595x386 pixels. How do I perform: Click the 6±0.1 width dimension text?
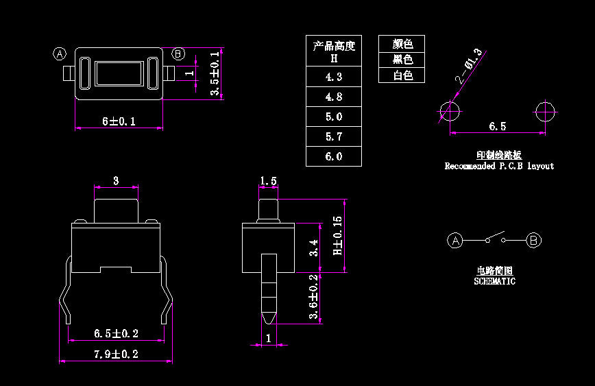[119, 121]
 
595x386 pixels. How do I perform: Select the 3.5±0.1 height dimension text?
[215, 73]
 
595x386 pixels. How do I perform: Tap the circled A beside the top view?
[60, 54]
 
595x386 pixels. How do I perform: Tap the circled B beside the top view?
[178, 54]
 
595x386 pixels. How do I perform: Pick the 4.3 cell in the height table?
[334, 77]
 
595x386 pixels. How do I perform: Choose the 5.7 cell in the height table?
[334, 136]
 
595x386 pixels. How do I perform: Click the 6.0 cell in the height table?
[334, 156]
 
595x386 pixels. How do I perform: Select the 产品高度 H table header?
[334, 51]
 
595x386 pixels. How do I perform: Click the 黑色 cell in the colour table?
[402, 60]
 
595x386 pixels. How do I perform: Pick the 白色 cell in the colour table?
[402, 75]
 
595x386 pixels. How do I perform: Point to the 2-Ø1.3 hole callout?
[469, 68]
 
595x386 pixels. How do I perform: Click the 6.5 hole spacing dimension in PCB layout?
[498, 126]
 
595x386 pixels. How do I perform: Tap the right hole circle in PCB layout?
[546, 111]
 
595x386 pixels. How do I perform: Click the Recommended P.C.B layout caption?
[499, 166]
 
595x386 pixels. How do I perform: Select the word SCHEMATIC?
[494, 281]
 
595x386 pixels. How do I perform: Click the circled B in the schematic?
[535, 240]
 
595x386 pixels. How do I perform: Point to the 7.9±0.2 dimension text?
[116, 354]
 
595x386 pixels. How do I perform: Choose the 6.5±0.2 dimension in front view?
[116, 334]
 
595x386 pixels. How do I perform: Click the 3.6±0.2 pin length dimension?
[313, 297]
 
